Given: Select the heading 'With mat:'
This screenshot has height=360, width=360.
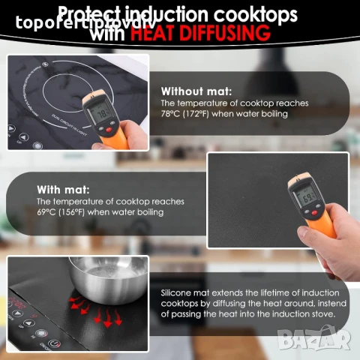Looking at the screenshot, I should pyautogui.click(x=64, y=189).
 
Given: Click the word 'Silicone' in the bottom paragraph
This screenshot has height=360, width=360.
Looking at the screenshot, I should pyautogui.click(x=178, y=293).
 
